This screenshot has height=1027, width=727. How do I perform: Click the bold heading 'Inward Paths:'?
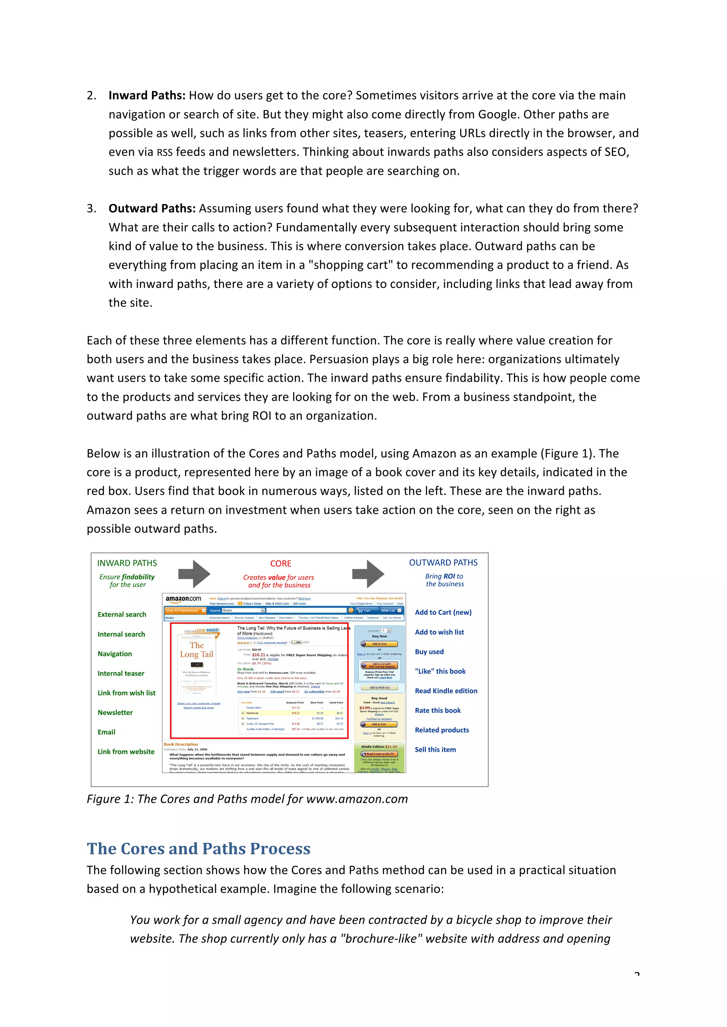(x=146, y=95)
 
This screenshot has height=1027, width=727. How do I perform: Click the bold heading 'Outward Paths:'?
(x=152, y=209)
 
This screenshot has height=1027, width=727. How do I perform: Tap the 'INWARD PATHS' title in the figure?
(x=127, y=563)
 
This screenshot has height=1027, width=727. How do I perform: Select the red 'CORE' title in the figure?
(x=281, y=564)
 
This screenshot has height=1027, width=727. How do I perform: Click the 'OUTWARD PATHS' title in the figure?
(x=443, y=563)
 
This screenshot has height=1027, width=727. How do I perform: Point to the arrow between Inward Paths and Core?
(x=194, y=574)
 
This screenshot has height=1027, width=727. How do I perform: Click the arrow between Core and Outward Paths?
(x=368, y=574)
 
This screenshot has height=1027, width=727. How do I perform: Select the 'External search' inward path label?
(x=122, y=615)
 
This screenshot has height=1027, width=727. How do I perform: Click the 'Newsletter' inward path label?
(x=115, y=712)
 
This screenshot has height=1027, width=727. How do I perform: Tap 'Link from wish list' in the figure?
(x=127, y=693)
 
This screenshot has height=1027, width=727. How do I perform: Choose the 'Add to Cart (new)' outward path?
(x=443, y=612)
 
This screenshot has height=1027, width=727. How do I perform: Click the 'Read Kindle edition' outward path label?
(x=446, y=691)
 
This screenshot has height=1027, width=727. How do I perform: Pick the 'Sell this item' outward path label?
(x=435, y=750)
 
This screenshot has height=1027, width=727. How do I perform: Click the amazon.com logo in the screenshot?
(x=183, y=599)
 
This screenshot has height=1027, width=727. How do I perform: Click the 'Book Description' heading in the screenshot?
(x=180, y=744)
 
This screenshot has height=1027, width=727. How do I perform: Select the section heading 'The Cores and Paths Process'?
(x=198, y=849)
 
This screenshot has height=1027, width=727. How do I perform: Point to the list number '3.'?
(x=91, y=209)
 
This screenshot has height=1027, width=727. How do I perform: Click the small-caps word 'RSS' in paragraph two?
(x=164, y=152)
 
